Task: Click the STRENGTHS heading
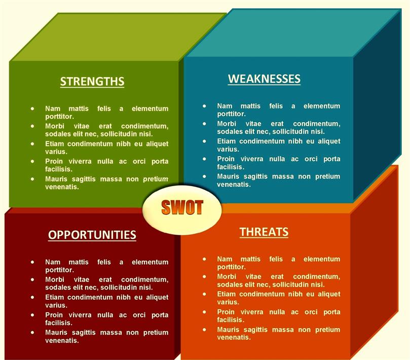92,81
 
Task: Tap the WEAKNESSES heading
264,79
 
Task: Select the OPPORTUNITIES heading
92,235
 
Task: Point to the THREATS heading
264,232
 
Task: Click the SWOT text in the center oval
182,207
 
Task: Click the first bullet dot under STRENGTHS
32,109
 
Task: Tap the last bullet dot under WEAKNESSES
204,176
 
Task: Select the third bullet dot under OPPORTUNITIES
32,297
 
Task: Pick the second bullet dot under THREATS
204,276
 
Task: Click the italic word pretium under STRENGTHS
156,179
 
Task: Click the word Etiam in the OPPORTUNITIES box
54,297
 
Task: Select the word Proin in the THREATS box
226,312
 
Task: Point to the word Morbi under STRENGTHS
54,126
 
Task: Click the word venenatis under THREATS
234,338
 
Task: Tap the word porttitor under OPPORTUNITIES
59,270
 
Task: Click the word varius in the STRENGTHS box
56,152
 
